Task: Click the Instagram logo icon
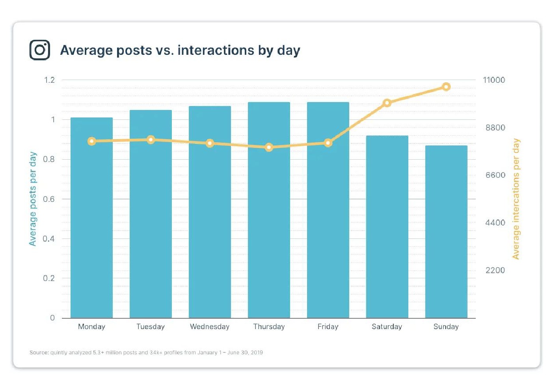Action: [x=40, y=50]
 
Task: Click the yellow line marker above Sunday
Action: [x=446, y=87]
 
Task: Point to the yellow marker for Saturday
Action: [x=387, y=103]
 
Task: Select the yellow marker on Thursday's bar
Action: [x=269, y=147]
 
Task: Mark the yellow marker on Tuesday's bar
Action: [x=151, y=140]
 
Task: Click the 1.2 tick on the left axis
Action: [x=49, y=80]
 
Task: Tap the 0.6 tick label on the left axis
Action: [x=49, y=199]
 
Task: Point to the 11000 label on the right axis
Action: [x=494, y=80]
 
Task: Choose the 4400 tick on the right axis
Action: [x=495, y=223]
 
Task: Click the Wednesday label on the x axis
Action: [x=210, y=327]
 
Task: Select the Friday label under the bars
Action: [x=328, y=327]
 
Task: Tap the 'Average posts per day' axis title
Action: [x=33, y=199]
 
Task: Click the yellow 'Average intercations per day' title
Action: [x=516, y=199]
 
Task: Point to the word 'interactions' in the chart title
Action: [x=216, y=50]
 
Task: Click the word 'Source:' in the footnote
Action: [x=39, y=352]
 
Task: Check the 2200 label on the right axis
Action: [x=495, y=270]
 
